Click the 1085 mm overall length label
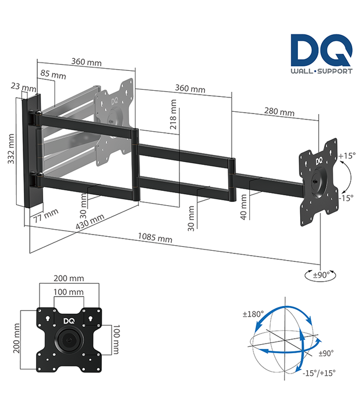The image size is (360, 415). click(x=155, y=238)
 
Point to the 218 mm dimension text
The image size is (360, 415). click(x=174, y=115)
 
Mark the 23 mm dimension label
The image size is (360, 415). click(x=23, y=87)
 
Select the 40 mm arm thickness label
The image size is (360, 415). click(x=244, y=209)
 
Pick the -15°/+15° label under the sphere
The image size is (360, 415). click(x=319, y=372)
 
